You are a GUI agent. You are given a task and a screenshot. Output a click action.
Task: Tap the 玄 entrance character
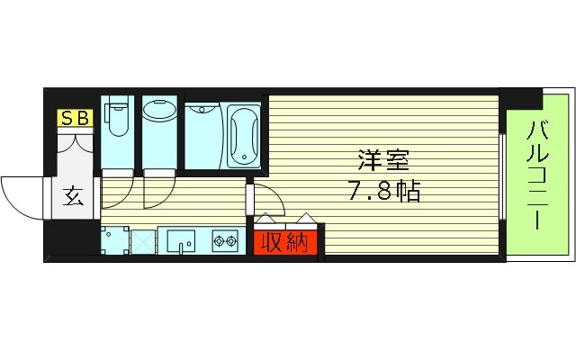pyautogui.click(x=73, y=196)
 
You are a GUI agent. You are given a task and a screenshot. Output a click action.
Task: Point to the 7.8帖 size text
pyautogui.click(x=381, y=192)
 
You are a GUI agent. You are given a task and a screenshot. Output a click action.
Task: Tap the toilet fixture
pyautogui.click(x=116, y=118)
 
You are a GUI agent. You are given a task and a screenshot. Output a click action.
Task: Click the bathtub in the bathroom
pyautogui.click(x=244, y=135)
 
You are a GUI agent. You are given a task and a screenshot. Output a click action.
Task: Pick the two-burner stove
pyautogui.click(x=224, y=241)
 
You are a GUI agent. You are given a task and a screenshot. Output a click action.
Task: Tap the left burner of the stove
pyautogui.click(x=218, y=241)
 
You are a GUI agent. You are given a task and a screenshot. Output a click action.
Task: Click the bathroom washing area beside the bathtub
pyautogui.click(x=202, y=135)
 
